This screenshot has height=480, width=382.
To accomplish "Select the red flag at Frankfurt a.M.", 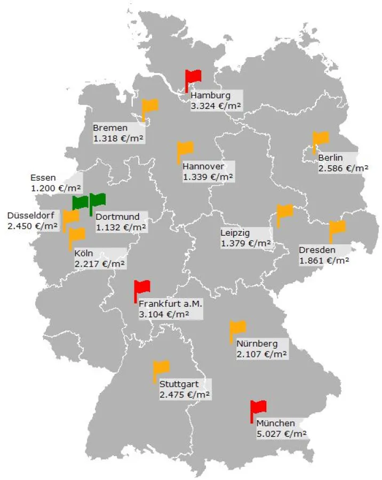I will (142, 288).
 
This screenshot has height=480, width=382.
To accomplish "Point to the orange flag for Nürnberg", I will (238, 328).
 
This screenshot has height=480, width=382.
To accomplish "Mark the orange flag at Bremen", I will (150, 106).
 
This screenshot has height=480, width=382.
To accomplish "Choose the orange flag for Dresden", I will (338, 228).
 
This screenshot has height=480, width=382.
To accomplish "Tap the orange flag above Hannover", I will (186, 149).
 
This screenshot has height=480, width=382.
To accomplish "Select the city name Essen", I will (43, 178).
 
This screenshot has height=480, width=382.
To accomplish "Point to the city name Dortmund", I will (117, 217).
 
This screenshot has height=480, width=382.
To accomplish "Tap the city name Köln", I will (84, 253).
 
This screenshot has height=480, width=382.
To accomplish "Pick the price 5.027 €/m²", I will (281, 434).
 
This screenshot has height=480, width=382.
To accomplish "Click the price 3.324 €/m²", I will (216, 106).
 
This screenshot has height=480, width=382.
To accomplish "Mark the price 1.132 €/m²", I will (121, 228).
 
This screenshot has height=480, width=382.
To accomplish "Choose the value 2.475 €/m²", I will (185, 395).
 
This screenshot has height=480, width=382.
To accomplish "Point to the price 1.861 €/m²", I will (324, 261).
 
